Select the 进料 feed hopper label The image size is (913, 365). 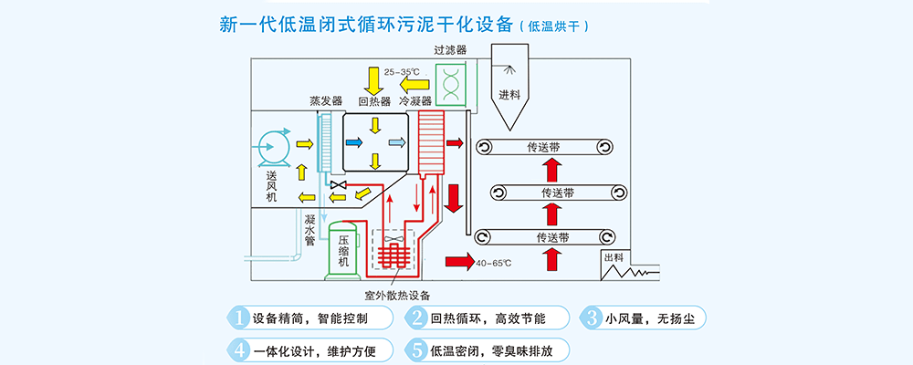pos(509,94)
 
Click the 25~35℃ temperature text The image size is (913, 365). pos(402,71)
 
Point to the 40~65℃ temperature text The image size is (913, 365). pos(493,264)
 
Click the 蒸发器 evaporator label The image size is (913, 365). pos(324,101)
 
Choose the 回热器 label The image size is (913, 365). pos(374,101)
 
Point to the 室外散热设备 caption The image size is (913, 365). pos(397,295)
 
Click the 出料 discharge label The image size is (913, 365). pos(613,258)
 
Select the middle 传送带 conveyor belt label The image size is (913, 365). pos(557,193)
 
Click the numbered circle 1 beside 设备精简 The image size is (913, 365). pos(237,318)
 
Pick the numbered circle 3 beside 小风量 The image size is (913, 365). pos(591,318)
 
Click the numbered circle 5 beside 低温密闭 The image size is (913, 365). pos(416,349)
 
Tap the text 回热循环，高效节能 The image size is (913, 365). pos(488,318)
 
